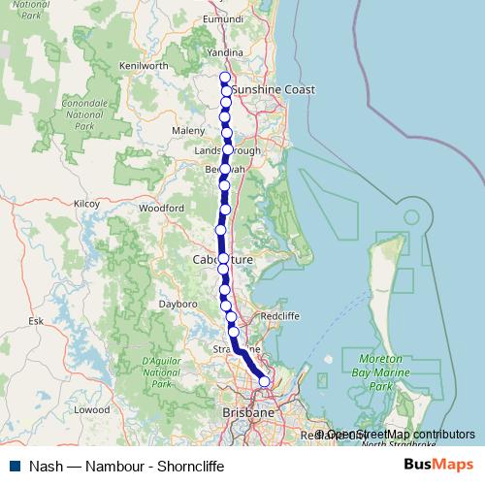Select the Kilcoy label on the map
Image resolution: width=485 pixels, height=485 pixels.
coord(86,204)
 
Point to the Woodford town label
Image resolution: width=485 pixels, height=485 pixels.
coord(161,208)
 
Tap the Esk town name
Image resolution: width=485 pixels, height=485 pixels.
coord(37,319)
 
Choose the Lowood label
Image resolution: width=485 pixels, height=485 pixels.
coord(92,409)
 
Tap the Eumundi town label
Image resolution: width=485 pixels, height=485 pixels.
coord(224,19)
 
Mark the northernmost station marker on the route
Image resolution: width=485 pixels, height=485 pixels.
coord(225,78)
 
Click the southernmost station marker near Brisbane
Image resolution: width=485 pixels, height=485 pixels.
coord(264,382)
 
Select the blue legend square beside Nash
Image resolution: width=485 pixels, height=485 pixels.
coord(10,466)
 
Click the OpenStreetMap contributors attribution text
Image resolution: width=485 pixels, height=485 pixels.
coord(401,435)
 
